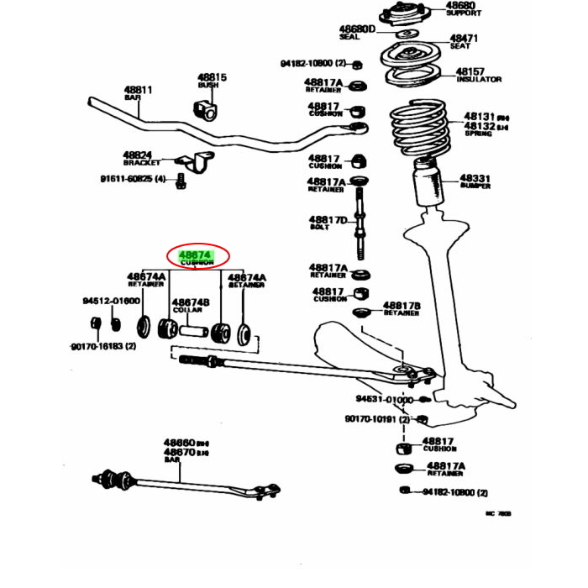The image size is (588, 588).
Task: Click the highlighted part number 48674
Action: (x=195, y=254)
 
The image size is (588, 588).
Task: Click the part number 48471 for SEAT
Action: (x=463, y=39)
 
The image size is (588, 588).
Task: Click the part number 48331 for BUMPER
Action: (x=475, y=179)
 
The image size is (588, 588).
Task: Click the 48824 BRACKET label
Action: (x=137, y=155)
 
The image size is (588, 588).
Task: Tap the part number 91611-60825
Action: (x=127, y=178)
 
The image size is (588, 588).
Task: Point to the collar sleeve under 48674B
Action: (x=190, y=330)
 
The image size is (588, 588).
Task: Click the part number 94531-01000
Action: (x=384, y=400)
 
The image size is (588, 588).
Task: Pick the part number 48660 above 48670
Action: (x=179, y=442)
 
